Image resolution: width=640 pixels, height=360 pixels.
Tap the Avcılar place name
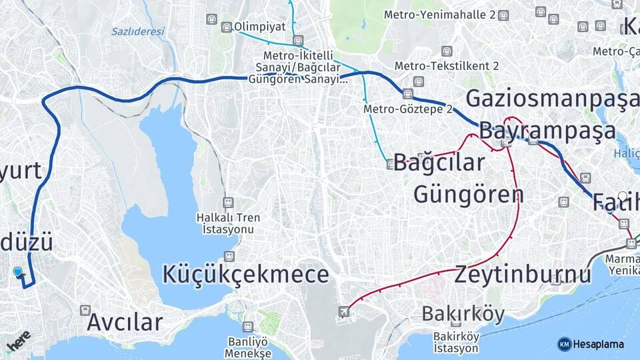(125, 323)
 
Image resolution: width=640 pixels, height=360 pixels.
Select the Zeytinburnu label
(523, 274)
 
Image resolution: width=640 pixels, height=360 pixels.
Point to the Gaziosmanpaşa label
(551, 98)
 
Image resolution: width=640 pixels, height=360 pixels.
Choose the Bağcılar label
(439, 162)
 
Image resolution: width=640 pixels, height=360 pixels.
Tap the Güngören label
(468, 194)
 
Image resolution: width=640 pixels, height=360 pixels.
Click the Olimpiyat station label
(259, 27)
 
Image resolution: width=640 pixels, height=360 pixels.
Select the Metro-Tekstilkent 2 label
(447, 65)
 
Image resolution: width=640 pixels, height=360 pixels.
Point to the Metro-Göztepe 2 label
(408, 109)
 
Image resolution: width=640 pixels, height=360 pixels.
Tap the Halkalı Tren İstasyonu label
(228, 223)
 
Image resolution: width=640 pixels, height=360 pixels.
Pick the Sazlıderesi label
(137, 31)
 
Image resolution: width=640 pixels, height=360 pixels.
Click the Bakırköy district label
(463, 313)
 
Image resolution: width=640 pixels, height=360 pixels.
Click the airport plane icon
(343, 311)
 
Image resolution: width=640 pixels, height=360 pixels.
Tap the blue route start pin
(18, 272)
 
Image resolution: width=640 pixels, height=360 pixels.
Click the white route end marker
(623, 197)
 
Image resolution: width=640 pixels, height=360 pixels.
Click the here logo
(18, 341)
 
